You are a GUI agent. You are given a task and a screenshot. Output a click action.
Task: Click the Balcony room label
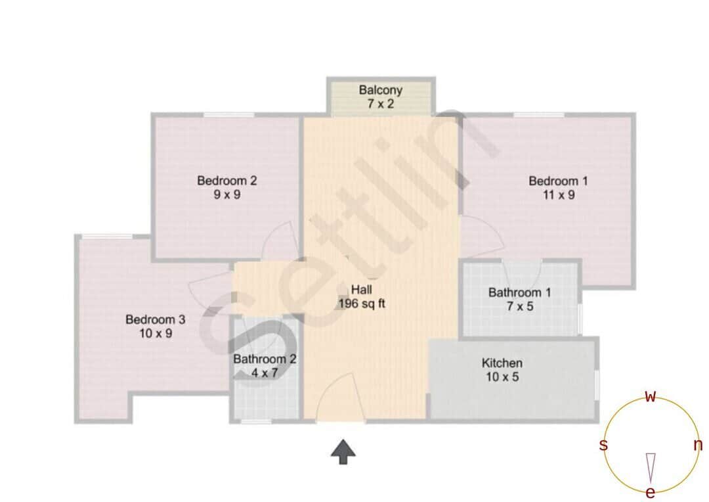point(380,90)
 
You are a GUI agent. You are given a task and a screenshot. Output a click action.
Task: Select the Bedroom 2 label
point(226,181)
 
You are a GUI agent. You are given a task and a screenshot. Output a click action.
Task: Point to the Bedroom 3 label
point(155,320)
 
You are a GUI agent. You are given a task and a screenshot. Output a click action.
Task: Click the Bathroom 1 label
point(519,292)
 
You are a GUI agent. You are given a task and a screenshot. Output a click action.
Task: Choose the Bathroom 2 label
point(265,359)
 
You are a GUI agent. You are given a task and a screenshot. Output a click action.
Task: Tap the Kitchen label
point(502,363)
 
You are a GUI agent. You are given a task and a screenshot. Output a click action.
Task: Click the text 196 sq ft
point(361,304)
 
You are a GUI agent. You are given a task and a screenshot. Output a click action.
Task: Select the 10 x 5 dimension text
point(502,378)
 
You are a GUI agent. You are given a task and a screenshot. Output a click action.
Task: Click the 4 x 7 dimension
point(265,373)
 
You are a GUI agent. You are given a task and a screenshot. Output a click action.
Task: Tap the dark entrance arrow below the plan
point(343,452)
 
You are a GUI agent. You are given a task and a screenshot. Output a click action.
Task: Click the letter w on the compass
point(650,396)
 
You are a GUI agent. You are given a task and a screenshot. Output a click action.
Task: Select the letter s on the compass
point(603,445)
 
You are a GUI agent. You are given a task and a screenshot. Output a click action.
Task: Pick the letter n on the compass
point(698,445)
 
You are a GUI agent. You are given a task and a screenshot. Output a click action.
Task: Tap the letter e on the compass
point(650,493)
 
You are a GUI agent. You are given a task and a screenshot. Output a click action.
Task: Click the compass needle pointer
point(650,467)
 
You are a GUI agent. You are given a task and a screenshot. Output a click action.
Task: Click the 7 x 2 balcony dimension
point(380,104)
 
